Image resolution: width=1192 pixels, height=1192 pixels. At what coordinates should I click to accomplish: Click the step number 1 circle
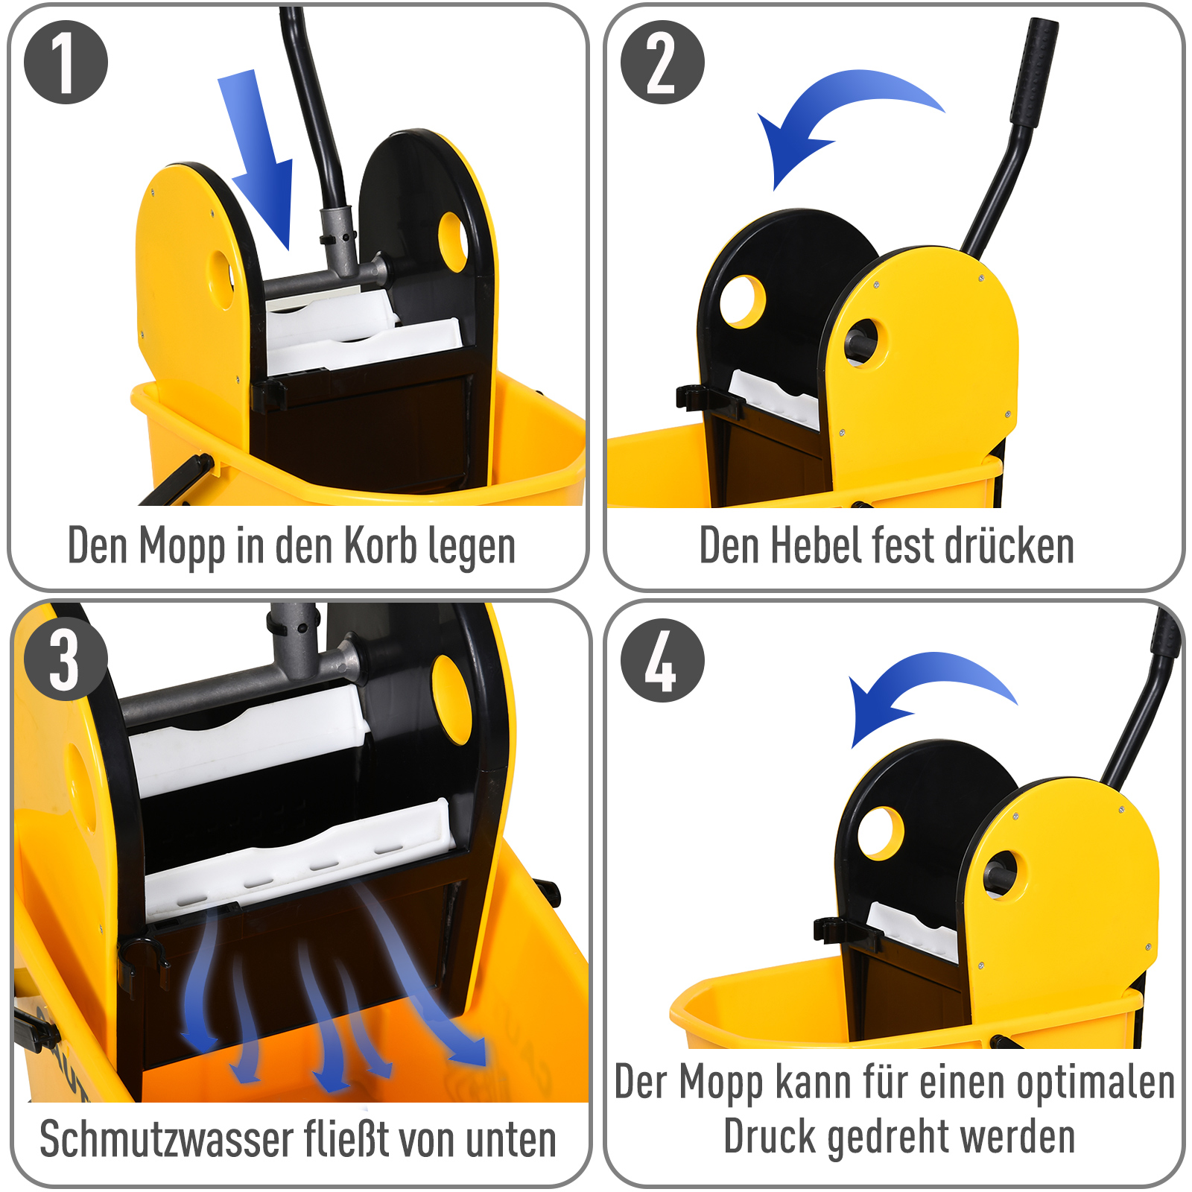click(x=66, y=63)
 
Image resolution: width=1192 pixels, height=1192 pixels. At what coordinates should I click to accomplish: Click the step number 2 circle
click(x=662, y=63)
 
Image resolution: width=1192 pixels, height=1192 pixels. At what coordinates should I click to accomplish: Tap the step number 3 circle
click(x=66, y=659)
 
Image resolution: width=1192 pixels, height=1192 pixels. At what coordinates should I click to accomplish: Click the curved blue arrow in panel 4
click(x=924, y=685)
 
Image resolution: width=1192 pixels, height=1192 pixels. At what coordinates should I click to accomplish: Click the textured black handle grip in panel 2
click(x=1034, y=71)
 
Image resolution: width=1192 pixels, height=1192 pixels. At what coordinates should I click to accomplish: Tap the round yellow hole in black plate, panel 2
click(x=743, y=301)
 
